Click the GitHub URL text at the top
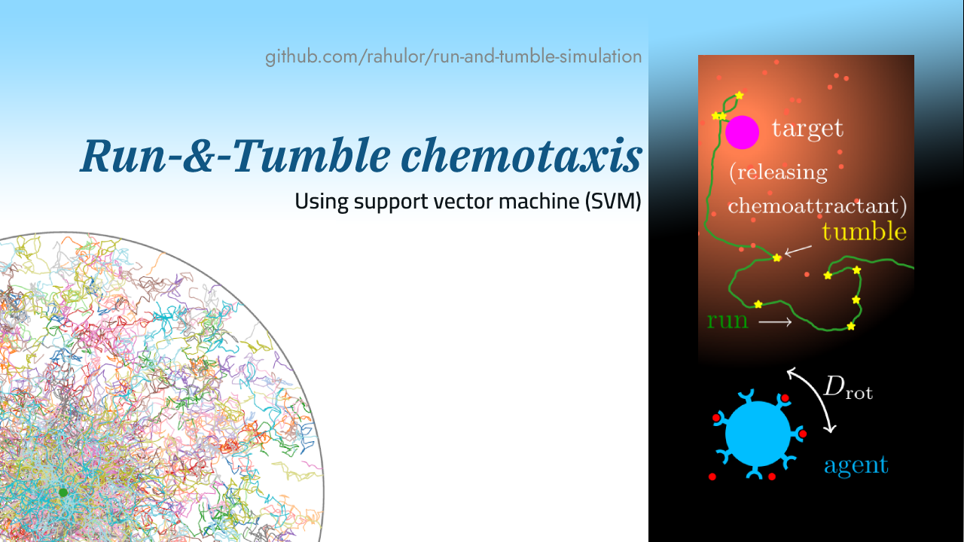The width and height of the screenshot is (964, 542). click(x=453, y=56)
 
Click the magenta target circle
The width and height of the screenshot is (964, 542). click(x=742, y=132)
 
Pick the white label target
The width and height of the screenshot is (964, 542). click(x=807, y=129)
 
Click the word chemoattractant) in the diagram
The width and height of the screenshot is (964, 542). click(x=817, y=206)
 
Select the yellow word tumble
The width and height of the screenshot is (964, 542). click(x=864, y=232)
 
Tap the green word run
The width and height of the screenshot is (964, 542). click(x=728, y=321)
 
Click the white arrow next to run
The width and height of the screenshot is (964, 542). click(x=775, y=322)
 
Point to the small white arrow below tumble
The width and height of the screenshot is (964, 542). click(x=798, y=250)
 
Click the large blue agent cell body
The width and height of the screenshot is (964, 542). click(x=758, y=434)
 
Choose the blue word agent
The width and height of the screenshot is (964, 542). click(x=856, y=465)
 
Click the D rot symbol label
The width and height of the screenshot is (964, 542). click(x=847, y=388)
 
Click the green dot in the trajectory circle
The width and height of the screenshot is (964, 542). click(x=63, y=492)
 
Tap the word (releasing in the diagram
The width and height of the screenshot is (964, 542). click(x=778, y=172)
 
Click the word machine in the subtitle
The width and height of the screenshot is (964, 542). click(x=541, y=202)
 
